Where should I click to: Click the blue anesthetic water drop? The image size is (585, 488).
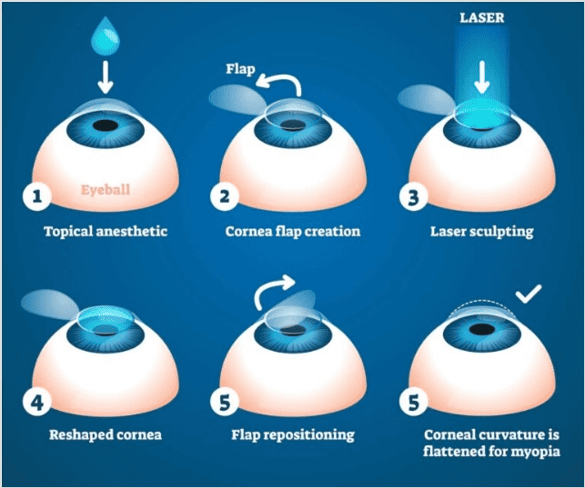tap(106, 35)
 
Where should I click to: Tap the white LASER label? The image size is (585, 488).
tap(482, 17)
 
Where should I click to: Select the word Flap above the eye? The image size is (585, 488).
tap(240, 68)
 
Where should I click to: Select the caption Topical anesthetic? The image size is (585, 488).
tap(106, 232)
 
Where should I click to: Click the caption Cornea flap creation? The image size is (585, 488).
tap(292, 232)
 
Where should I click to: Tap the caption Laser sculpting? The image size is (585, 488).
tap(481, 232)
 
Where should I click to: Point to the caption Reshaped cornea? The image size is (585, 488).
tap(106, 434)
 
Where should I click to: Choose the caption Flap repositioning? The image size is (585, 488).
tap(292, 434)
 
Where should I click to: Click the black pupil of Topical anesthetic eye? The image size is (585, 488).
tap(106, 124)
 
